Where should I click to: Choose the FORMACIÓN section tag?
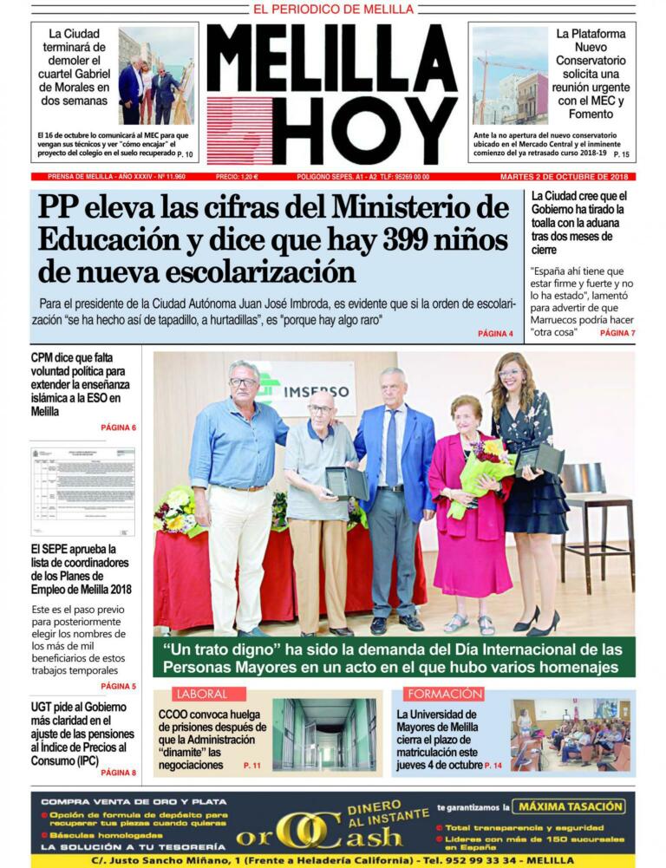tap(444, 694)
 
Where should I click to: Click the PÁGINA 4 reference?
tap(495, 334)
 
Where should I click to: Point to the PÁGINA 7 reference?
tap(617, 333)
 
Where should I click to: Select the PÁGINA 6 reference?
tap(118, 427)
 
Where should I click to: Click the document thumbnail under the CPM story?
tap(83, 491)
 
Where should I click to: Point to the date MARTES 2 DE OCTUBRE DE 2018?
tap(567, 177)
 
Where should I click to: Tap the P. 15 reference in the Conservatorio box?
tap(620, 154)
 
